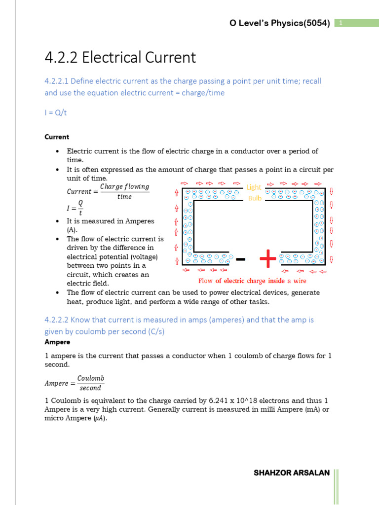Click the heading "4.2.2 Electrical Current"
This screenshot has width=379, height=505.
(x=120, y=58)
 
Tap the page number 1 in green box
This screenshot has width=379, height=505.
(x=341, y=23)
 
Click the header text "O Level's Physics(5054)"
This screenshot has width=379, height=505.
(x=280, y=23)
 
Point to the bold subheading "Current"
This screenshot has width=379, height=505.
(x=57, y=137)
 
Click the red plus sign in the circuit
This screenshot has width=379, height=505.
(x=267, y=258)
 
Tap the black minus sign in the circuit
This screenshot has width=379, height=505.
(x=241, y=259)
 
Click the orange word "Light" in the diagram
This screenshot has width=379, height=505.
(x=254, y=187)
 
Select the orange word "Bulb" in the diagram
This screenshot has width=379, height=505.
(x=255, y=198)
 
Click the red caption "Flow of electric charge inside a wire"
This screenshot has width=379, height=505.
(x=252, y=281)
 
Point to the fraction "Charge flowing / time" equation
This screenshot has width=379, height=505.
(x=108, y=191)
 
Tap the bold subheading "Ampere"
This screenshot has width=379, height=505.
(x=57, y=342)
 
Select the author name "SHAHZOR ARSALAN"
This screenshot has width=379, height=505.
(x=292, y=473)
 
